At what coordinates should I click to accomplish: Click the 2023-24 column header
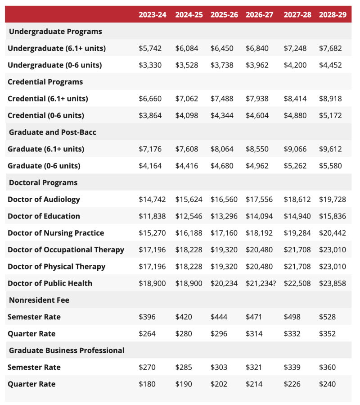152,14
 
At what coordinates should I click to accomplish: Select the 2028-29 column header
333,14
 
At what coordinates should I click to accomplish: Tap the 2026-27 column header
259,14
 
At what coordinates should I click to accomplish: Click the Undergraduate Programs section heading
55,32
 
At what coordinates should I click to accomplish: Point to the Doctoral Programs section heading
43,182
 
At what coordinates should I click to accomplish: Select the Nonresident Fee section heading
39,300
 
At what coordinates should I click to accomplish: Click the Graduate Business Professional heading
67,350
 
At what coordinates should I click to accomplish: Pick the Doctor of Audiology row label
44,199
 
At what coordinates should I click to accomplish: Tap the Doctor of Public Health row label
50,283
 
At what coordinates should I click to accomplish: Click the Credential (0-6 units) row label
46,115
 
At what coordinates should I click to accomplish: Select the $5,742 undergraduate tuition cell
150,48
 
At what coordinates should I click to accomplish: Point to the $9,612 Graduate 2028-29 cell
330,149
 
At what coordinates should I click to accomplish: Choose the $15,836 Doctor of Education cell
333,216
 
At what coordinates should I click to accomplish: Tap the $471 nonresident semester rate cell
254,317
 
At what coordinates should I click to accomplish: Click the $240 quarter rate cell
327,384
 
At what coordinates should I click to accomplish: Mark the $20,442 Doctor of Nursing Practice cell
333,233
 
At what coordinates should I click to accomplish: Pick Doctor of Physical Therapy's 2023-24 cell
152,267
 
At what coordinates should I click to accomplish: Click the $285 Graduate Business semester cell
184,367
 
